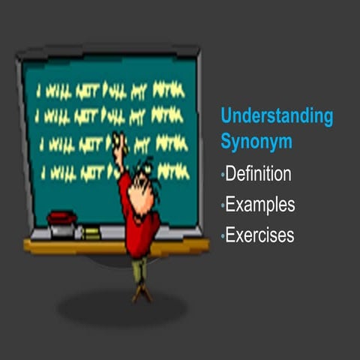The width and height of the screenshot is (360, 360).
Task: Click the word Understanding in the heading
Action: [277, 116]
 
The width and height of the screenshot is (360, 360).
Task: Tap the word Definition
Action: [258, 175]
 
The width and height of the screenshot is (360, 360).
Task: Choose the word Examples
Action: [260, 205]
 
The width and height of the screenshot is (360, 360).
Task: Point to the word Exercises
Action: [259, 235]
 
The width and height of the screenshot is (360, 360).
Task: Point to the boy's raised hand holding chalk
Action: [117, 140]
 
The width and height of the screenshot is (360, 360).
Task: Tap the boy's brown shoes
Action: [140, 294]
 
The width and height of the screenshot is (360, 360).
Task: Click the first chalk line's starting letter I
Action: [39, 91]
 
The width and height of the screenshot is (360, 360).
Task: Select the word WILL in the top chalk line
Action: [58, 91]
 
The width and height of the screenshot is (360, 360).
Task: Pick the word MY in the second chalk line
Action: [137, 116]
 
